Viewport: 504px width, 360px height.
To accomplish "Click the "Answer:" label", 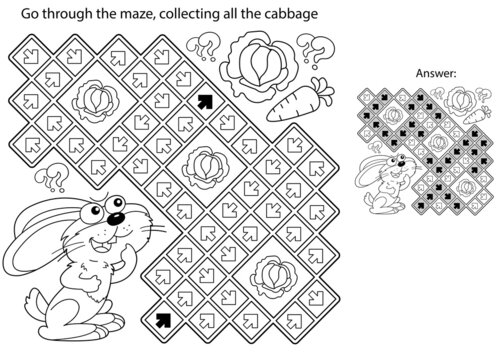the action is point(436,73).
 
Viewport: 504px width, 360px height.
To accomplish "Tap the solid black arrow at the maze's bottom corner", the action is point(163,321).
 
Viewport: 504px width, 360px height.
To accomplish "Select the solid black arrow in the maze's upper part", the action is point(205,101).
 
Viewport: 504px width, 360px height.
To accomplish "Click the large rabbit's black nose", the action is point(115,218).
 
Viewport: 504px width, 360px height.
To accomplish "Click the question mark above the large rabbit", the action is point(53,176).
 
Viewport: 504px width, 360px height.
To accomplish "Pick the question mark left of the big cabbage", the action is point(203,46).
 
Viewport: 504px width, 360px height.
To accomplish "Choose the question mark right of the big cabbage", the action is point(315,50).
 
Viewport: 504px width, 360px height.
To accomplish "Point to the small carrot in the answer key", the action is point(477,115).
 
